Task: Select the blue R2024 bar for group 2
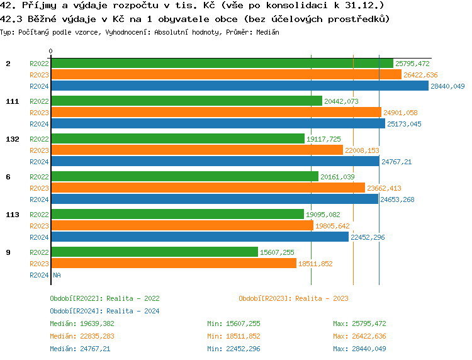(x=239, y=86)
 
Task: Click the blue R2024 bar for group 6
(x=215, y=200)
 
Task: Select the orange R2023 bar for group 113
(x=182, y=226)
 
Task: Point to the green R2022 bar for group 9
(x=154, y=252)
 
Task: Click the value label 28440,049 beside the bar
(x=447, y=86)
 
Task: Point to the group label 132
(x=12, y=139)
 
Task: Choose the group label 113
(x=12, y=215)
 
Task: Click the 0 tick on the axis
(x=51, y=51)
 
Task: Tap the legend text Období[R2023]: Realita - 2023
(x=293, y=298)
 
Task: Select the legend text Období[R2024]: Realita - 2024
(x=104, y=311)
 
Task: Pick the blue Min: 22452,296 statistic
(x=233, y=349)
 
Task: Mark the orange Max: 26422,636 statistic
(x=359, y=336)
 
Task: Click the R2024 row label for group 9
(x=39, y=275)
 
